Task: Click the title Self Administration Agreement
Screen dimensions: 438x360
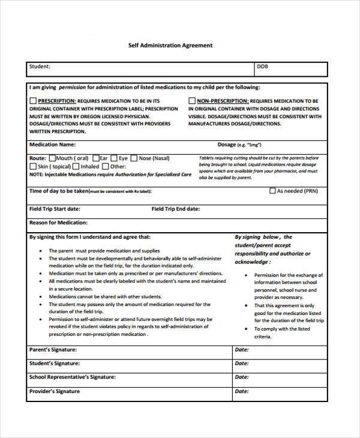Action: point(170,45)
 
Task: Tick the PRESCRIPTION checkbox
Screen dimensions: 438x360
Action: point(33,101)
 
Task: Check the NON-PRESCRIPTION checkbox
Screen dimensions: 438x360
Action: point(192,101)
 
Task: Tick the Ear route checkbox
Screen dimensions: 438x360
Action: point(95,158)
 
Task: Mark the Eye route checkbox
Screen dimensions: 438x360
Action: point(114,158)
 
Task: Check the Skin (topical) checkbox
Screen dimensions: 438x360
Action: point(33,167)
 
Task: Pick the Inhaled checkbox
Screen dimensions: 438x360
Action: point(76,167)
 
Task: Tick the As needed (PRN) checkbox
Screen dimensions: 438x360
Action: point(272,191)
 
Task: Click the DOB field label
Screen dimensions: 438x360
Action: point(262,67)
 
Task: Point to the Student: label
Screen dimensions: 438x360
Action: point(40,67)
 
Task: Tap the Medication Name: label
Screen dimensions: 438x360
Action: point(52,145)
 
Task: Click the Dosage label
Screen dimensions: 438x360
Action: point(227,145)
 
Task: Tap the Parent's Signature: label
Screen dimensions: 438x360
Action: point(53,349)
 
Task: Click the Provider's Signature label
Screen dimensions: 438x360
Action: point(54,392)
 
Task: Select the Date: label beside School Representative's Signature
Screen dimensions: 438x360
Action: point(241,377)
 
